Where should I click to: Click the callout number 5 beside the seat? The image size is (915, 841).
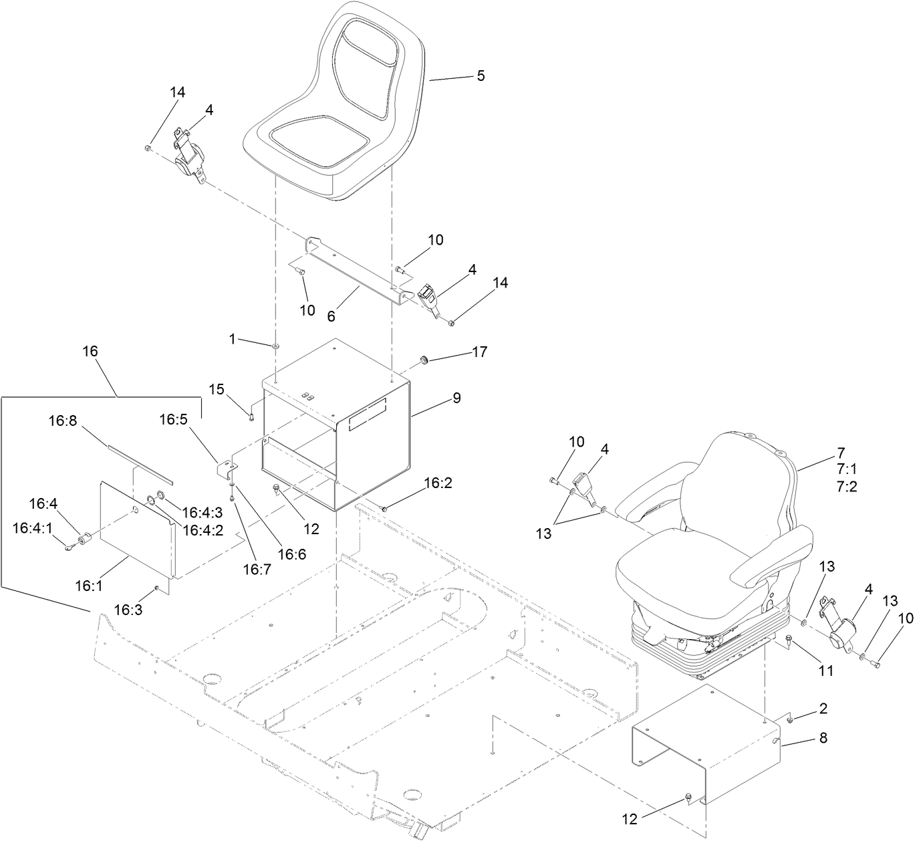(x=480, y=76)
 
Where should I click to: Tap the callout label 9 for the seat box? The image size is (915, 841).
(x=456, y=398)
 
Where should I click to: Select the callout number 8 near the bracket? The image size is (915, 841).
(x=823, y=738)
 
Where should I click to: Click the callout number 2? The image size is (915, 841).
(x=823, y=708)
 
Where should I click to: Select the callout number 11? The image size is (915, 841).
(x=826, y=669)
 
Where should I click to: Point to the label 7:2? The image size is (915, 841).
(x=845, y=486)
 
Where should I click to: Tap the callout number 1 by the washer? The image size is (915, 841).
(x=233, y=339)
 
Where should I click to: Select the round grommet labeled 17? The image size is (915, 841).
(x=423, y=360)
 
